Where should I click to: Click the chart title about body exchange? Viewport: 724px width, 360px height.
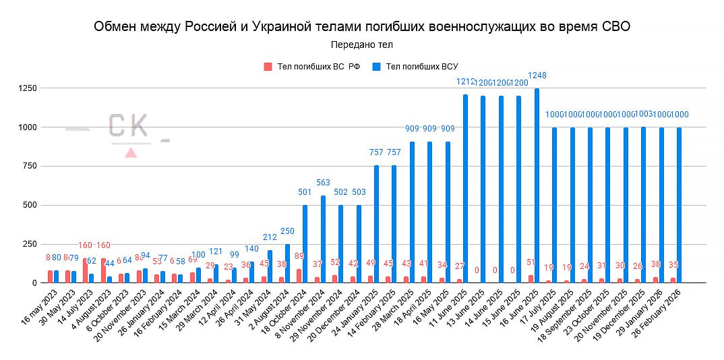click(362, 26)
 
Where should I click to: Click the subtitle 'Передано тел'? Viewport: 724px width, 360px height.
click(362, 44)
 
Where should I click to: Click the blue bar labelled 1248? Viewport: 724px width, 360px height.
click(537, 186)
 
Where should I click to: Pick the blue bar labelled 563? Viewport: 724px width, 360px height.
click(324, 239)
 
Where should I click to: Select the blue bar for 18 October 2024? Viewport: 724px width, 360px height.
click(305, 244)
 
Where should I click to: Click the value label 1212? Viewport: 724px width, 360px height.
click(465, 82)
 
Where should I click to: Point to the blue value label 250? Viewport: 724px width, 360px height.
click(288, 231)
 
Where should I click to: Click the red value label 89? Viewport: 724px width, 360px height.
click(299, 256)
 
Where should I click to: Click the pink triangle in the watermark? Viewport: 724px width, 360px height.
click(131, 152)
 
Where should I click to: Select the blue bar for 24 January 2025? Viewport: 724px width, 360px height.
click(377, 224)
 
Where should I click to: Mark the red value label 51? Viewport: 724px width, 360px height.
click(531, 262)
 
